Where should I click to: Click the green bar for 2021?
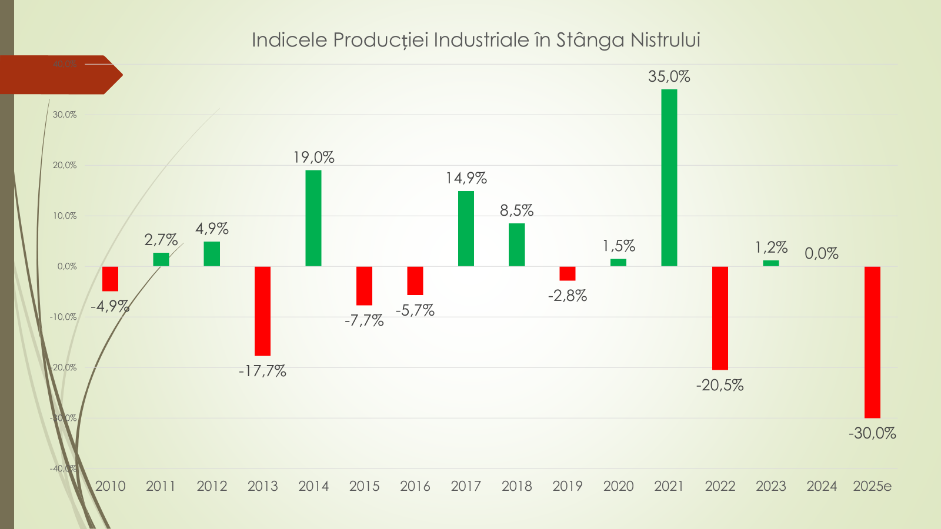click(669, 178)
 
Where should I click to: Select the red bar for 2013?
click(262, 311)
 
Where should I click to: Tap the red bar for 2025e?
click(872, 342)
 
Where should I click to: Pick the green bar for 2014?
click(313, 218)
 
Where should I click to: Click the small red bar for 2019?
click(568, 273)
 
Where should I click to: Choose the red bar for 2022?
click(720, 318)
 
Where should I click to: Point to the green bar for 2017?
click(466, 229)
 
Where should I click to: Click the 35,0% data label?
click(669, 76)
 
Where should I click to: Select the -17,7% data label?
click(262, 371)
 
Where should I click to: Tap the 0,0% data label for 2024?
click(822, 253)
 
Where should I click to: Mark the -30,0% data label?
click(872, 433)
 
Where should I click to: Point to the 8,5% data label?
click(516, 210)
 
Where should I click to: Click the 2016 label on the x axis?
click(415, 486)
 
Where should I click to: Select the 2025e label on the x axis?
click(872, 486)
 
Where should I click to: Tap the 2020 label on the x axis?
click(618, 486)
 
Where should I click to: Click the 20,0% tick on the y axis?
click(65, 165)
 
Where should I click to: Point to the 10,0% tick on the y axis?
click(65, 216)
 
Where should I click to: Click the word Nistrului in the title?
click(665, 40)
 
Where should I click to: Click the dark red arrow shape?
click(59, 75)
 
